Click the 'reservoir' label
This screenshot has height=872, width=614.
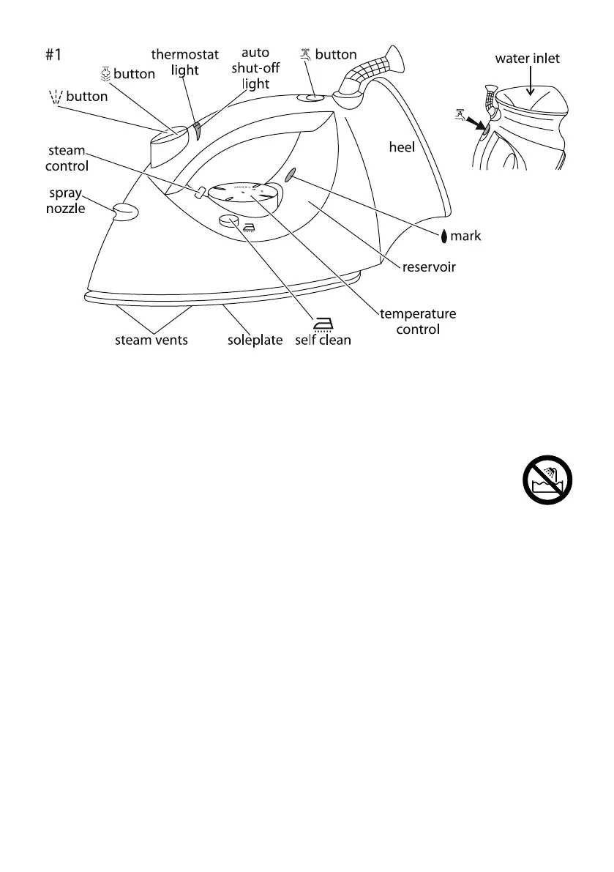429,267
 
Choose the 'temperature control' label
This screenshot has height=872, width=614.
418,321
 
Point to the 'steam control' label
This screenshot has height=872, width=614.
68,158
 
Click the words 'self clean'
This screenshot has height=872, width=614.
323,340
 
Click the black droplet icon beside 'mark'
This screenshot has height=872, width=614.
444,236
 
